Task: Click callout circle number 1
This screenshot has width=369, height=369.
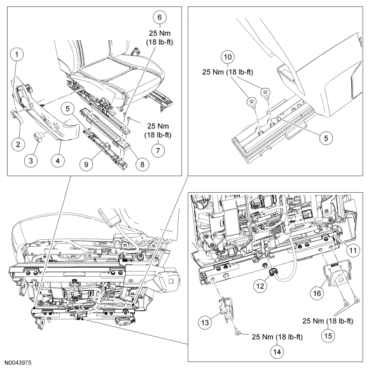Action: click(x=17, y=55)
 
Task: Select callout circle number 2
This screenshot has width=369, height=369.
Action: click(x=18, y=144)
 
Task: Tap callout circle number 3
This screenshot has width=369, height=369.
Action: click(x=31, y=161)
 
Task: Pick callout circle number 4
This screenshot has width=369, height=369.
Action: click(x=58, y=161)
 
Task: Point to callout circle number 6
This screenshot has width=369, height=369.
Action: click(x=160, y=17)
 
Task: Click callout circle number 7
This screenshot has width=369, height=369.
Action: click(x=158, y=151)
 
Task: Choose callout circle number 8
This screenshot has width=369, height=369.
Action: click(x=142, y=164)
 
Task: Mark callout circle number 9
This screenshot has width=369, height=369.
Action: click(x=86, y=164)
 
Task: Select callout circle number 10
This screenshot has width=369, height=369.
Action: click(x=228, y=57)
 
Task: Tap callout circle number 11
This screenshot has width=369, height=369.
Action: click(x=353, y=251)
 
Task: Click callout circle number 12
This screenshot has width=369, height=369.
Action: click(x=260, y=286)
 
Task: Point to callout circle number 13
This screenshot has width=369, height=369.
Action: click(x=205, y=323)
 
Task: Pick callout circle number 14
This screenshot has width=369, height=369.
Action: click(x=277, y=352)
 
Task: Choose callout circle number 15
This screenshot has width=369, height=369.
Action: click(x=328, y=336)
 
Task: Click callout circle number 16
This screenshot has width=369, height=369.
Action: click(x=317, y=293)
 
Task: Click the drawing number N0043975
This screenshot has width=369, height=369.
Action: click(x=18, y=363)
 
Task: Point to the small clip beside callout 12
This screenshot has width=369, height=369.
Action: click(x=274, y=273)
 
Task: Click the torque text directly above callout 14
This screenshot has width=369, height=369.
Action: click(x=277, y=337)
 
